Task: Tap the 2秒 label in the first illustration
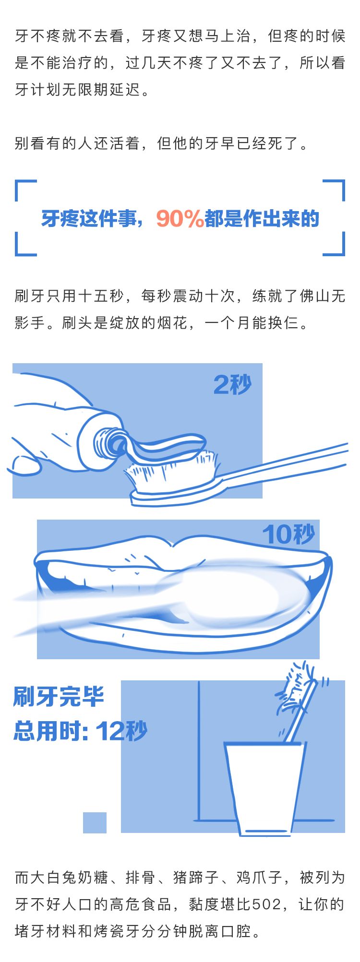(x=233, y=384)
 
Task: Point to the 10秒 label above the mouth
(x=288, y=534)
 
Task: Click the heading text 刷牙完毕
(x=59, y=697)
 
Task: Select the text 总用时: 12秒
(x=80, y=731)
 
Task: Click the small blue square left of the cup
(x=95, y=822)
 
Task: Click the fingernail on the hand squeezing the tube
(x=25, y=464)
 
